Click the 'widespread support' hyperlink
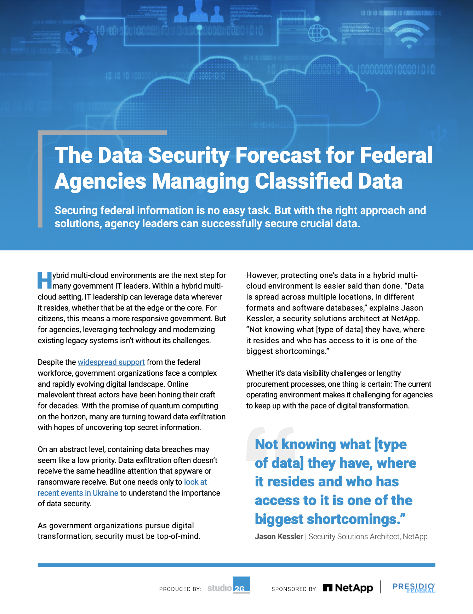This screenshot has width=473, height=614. coord(111,362)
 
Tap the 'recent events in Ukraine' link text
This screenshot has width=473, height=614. coord(78,493)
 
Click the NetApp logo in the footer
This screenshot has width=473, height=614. coord(348,588)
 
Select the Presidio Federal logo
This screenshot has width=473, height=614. coord(414,587)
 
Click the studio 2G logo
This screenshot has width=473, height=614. coord(229,586)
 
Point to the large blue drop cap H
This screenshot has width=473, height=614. coord(45,280)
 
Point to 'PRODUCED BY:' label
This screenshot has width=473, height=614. coord(180,589)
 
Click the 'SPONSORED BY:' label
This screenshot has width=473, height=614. coord(294,589)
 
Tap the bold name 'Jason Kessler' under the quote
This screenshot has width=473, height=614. coord(279,537)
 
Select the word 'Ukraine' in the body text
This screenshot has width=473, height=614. coord(105,493)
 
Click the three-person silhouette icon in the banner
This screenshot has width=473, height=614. coord(199,13)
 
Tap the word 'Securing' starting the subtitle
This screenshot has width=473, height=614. coord(76,211)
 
